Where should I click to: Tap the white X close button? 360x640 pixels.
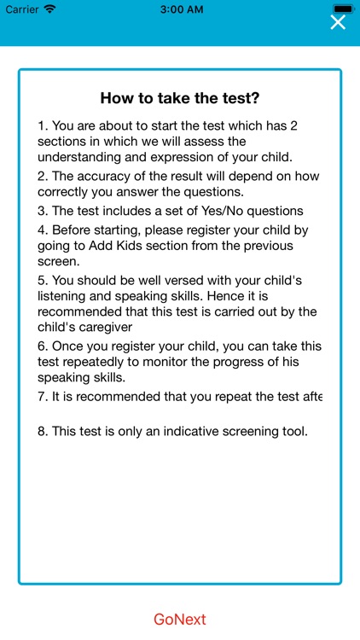click(338, 22)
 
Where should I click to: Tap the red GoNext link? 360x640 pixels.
click(180, 620)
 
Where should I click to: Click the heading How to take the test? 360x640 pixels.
click(180, 97)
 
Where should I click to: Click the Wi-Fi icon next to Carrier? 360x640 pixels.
click(49, 9)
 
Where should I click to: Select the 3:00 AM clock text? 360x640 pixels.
click(180, 9)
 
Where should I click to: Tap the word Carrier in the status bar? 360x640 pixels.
click(22, 9)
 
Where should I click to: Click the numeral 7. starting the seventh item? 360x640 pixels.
click(44, 397)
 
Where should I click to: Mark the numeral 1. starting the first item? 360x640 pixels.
click(44, 125)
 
